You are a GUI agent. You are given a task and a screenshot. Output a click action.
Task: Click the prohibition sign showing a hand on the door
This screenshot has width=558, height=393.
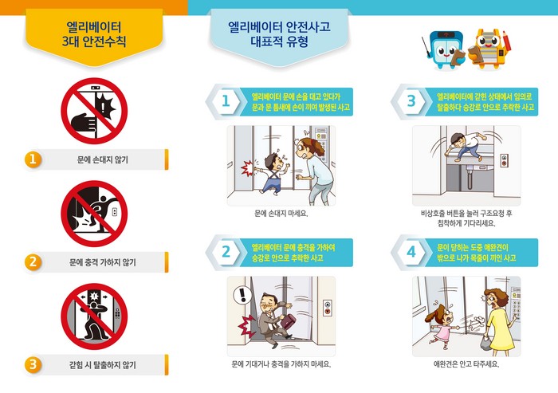point(94,111)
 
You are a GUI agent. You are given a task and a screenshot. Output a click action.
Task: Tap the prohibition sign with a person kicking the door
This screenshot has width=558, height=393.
point(94,214)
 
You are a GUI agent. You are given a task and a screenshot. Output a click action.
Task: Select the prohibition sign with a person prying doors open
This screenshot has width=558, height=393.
point(94,316)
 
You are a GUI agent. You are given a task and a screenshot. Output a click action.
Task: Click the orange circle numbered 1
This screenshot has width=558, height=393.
point(33,159)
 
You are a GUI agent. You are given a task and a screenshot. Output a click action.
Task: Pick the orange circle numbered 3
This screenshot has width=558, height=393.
point(33,364)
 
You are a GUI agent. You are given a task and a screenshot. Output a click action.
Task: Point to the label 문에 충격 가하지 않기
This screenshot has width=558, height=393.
point(103,262)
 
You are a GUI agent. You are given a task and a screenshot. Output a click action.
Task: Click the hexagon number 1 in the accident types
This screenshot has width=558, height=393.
point(226,101)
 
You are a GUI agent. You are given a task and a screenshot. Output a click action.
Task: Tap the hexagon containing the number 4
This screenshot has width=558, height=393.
point(411,253)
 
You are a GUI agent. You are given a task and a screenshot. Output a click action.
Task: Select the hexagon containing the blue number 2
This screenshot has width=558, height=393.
point(226,253)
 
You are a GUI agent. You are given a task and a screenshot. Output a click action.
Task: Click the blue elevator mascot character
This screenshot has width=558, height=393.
point(444,50)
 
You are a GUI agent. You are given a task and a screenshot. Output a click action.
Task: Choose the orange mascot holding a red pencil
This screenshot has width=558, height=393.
point(489,50)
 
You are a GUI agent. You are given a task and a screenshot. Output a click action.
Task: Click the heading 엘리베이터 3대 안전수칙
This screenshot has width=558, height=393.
point(94,34)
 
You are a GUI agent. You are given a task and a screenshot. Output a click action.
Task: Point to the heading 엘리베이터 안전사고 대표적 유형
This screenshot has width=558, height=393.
point(279,34)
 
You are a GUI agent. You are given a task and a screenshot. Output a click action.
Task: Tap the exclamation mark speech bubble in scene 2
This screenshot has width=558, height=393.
point(243,295)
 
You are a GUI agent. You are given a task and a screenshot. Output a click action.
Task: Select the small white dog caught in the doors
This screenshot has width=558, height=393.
point(474,322)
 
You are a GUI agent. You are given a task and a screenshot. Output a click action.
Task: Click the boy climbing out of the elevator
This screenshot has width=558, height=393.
point(463,147)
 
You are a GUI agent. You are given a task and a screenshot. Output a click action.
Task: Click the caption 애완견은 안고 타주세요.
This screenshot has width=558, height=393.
point(466,364)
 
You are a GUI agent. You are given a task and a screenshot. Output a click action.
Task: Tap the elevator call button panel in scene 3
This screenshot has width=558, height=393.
point(505,160)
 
